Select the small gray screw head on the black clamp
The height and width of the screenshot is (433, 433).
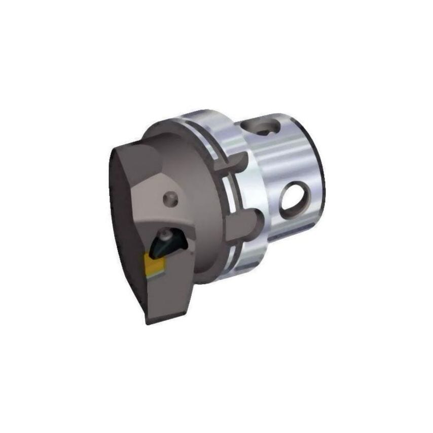(166, 235)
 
